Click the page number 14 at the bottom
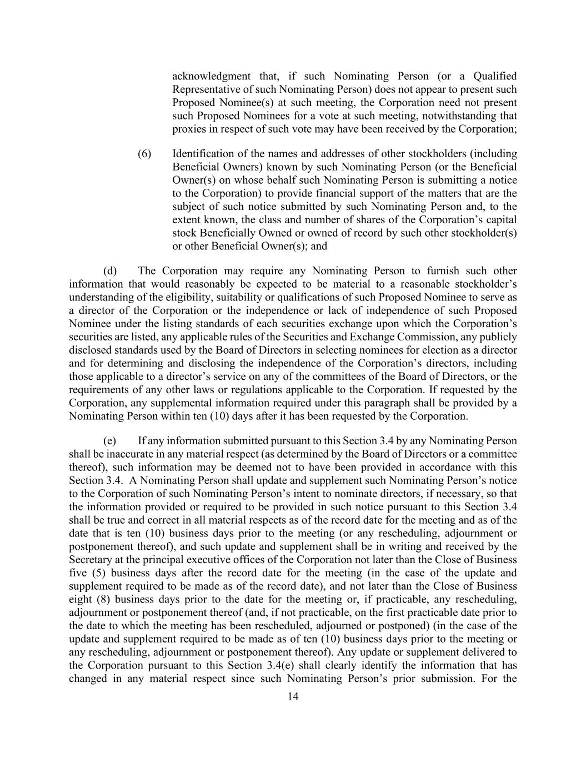coord(293,697)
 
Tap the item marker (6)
coord(144,154)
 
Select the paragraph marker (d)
coord(111,271)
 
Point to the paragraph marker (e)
coord(110,441)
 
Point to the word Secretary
coord(91,560)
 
